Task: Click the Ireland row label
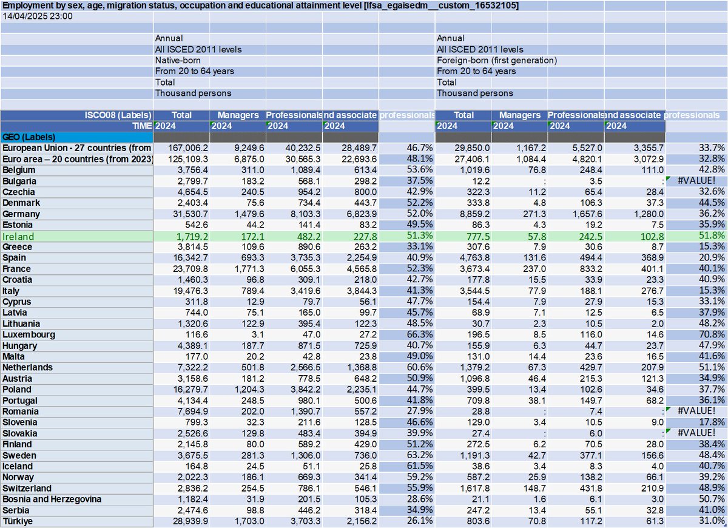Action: (18, 236)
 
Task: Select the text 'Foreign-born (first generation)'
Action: (496, 60)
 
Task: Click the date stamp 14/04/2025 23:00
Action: (38, 16)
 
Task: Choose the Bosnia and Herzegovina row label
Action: (50, 499)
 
